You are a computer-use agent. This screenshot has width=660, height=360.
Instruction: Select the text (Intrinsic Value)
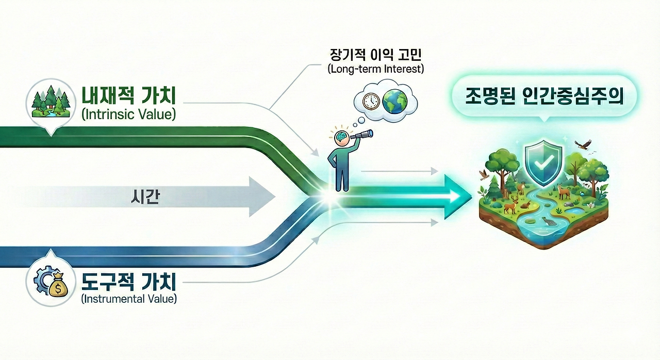[129, 114]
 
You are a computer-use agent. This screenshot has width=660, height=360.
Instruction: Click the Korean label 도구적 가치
[129, 282]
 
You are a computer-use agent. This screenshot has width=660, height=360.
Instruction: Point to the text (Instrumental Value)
[129, 299]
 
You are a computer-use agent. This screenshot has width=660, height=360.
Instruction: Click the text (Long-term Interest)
[375, 69]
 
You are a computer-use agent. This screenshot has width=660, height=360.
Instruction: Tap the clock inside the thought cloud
[371, 101]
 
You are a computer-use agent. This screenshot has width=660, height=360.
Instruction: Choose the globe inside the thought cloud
[394, 101]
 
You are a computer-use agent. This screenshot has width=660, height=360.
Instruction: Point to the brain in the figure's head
[340, 137]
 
